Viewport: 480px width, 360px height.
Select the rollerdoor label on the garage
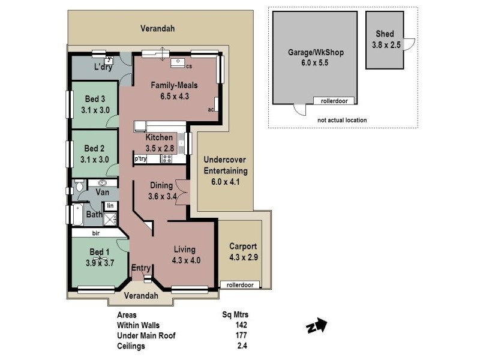[335, 101]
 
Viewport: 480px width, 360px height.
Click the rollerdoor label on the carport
[240, 285]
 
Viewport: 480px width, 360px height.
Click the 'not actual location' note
[343, 120]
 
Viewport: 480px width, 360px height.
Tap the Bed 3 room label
[94, 100]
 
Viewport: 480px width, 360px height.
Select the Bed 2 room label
[94, 149]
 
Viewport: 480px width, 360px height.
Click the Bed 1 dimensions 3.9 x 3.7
[99, 262]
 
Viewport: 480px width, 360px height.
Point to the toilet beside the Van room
[80, 188]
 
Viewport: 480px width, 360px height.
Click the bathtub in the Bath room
[78, 214]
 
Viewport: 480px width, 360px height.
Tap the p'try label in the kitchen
[140, 159]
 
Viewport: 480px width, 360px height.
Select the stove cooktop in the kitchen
[167, 159]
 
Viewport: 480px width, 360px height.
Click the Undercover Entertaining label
[225, 171]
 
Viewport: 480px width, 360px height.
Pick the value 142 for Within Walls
[242, 325]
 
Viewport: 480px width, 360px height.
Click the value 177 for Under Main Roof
[242, 335]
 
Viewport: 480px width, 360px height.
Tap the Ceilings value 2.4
[242, 346]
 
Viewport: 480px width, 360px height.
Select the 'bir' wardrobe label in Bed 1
[95, 233]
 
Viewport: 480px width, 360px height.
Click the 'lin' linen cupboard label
[110, 206]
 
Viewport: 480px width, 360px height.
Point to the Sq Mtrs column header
[235, 314]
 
